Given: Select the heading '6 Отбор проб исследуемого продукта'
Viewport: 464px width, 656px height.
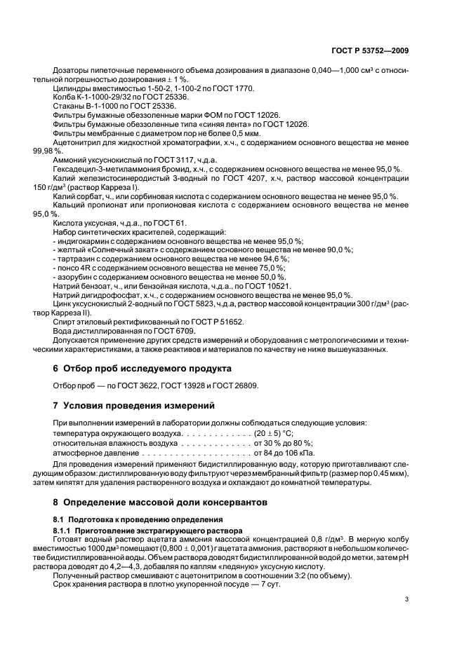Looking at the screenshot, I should click(x=142, y=368).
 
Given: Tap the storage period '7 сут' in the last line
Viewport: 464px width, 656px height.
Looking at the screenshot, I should click(x=267, y=584).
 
